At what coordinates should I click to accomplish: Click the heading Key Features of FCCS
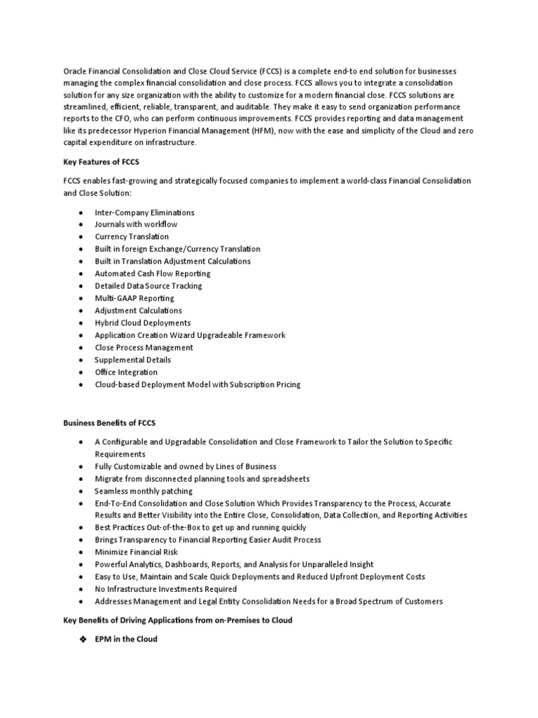point(102,162)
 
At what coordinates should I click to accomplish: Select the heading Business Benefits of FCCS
point(109,423)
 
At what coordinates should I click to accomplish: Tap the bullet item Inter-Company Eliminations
point(144,212)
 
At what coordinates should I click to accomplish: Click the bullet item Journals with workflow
point(136,224)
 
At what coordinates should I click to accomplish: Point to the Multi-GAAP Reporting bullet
point(134,298)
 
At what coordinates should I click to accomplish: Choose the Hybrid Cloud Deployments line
point(142,323)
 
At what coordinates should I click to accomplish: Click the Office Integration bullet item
point(126,372)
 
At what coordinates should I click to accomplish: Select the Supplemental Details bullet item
point(132,360)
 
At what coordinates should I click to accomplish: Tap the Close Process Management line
point(144,347)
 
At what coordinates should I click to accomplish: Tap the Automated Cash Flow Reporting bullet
point(153,273)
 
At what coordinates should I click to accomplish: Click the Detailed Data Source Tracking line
point(148,285)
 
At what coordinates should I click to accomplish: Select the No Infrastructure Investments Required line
point(166,589)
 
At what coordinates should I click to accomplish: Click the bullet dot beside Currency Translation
point(82,237)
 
